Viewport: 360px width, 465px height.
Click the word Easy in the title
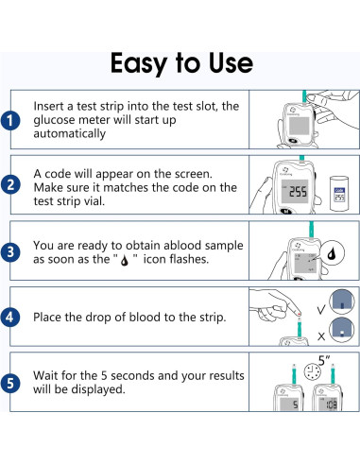pos(139,63)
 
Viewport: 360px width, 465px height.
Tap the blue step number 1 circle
pos(10,121)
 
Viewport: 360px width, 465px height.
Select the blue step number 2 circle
pos(10,184)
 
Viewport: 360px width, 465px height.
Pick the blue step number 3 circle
pos(10,252)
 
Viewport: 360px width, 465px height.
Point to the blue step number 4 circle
pos(10,317)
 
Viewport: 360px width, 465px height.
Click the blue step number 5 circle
pos(10,384)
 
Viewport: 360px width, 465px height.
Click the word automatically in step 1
pos(70,134)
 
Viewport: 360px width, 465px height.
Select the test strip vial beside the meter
pos(339,194)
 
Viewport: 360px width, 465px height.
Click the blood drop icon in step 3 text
pos(125,261)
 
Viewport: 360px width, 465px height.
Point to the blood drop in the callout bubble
pos(332,253)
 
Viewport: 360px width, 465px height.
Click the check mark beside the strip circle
pos(321,310)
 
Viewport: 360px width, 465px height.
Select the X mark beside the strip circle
pos(321,336)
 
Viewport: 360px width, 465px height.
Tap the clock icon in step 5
pos(312,371)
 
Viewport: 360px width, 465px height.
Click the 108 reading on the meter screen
pos(331,405)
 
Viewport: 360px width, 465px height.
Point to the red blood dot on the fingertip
pos(299,315)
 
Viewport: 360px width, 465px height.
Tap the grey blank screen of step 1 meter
pos(299,126)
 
